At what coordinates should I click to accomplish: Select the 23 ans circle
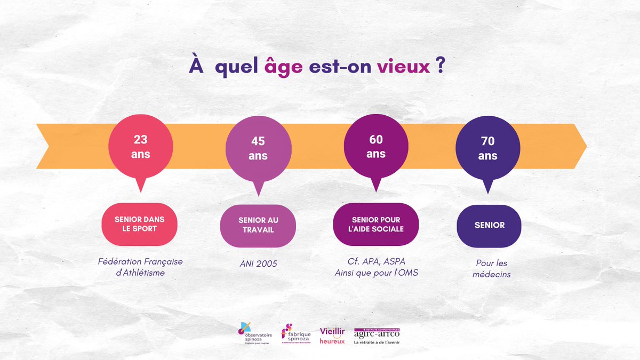pos(141,147)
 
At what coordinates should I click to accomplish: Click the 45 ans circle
pos(258,149)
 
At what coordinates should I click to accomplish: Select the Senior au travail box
pos(258,225)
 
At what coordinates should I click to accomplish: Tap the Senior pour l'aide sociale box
pos(376,225)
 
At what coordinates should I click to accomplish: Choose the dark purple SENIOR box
pos(489,225)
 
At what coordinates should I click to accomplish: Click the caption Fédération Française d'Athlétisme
pos(141,267)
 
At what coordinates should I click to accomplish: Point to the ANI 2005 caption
pos(258,263)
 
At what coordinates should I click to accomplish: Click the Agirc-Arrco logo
pos(377,335)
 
